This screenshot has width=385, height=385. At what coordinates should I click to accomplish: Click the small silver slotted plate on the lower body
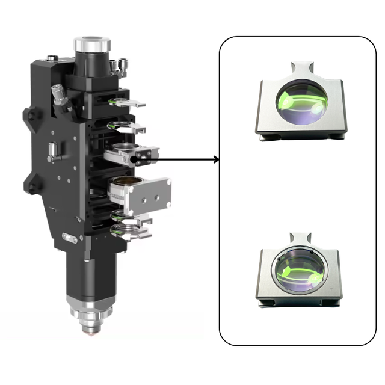(69, 238)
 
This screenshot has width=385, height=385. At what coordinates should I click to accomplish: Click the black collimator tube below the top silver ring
(91, 66)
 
